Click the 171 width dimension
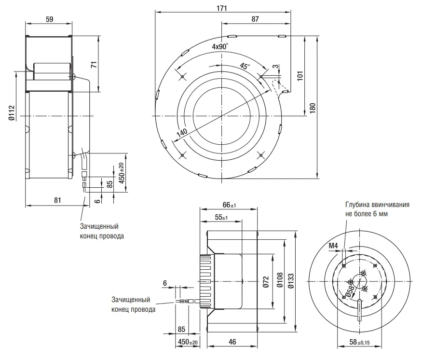click(222, 8)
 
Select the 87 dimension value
click(255, 19)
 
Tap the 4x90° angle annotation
click(220, 46)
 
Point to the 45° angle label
click(245, 66)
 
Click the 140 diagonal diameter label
click(182, 133)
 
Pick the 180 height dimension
click(313, 108)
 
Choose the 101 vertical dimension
click(300, 76)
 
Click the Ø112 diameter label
click(11, 113)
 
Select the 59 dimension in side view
click(50, 19)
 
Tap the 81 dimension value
click(57, 200)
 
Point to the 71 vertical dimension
click(94, 65)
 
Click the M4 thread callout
click(333, 246)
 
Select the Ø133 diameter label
click(291, 281)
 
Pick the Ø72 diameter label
click(266, 282)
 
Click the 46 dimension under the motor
click(232, 342)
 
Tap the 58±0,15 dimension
click(360, 342)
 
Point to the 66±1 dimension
click(230, 205)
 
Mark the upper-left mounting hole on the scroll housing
click(182, 77)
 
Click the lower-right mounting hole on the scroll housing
click(261, 155)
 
